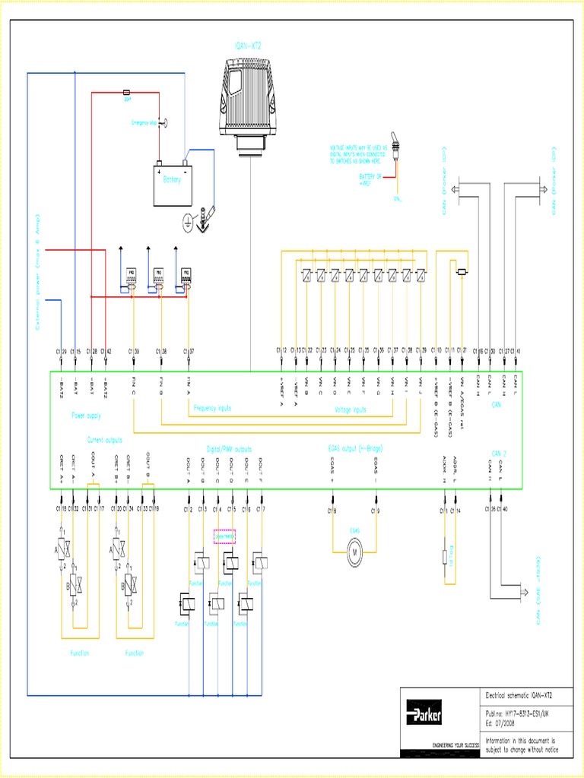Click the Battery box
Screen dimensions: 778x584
(173, 185)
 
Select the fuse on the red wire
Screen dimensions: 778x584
(127, 93)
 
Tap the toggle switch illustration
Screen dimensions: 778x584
(396, 152)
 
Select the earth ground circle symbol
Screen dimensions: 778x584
(188, 220)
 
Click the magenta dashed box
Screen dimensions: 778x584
(224, 536)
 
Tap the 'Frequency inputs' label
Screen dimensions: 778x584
(212, 408)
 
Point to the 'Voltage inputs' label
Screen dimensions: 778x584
(351, 410)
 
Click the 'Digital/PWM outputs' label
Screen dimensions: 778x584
(229, 449)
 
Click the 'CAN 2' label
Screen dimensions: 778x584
(500, 454)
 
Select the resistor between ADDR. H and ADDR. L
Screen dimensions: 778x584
(446, 558)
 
